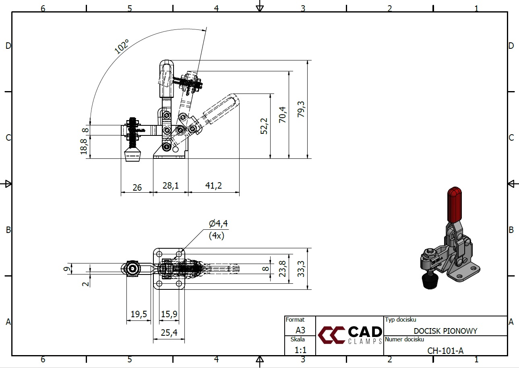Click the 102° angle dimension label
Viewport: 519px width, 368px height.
coord(122,46)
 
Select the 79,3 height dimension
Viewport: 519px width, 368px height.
coord(301,109)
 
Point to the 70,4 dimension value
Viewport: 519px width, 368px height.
coord(282,114)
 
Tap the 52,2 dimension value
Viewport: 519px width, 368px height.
coord(264,126)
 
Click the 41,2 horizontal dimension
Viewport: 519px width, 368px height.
coord(213,185)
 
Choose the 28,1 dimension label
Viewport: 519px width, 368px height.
coord(171,185)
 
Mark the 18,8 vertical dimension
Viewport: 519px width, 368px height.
coord(84,147)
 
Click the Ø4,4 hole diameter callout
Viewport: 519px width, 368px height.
coord(218,223)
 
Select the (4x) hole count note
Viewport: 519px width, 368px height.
coord(216,236)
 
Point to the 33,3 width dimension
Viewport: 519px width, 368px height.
coord(301,269)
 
